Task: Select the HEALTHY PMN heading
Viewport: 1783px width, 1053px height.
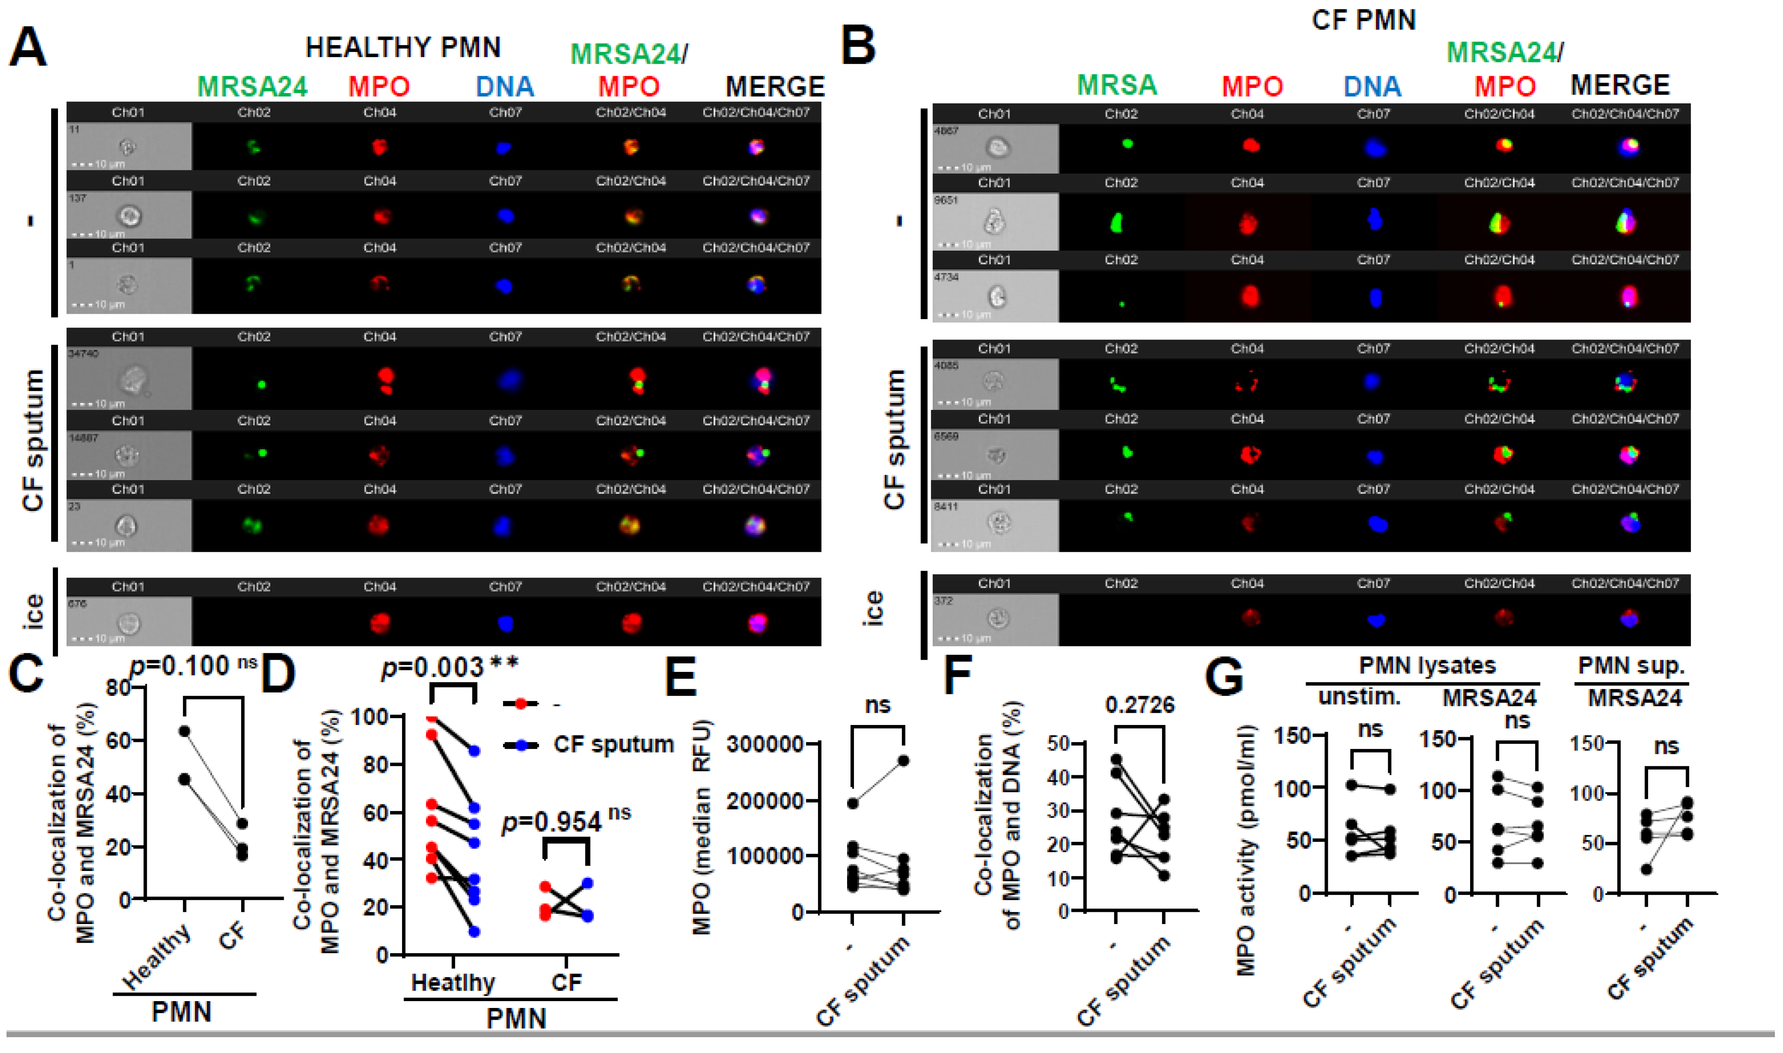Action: (403, 47)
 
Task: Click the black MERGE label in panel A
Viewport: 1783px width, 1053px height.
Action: (775, 87)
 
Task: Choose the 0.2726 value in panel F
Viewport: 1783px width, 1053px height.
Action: (1140, 705)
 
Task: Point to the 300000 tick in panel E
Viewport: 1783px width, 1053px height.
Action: (764, 744)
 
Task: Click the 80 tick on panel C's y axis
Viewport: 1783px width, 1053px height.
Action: (119, 688)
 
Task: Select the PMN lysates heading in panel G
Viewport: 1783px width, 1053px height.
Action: (1427, 666)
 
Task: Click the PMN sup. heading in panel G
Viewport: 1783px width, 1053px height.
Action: (1631, 666)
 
